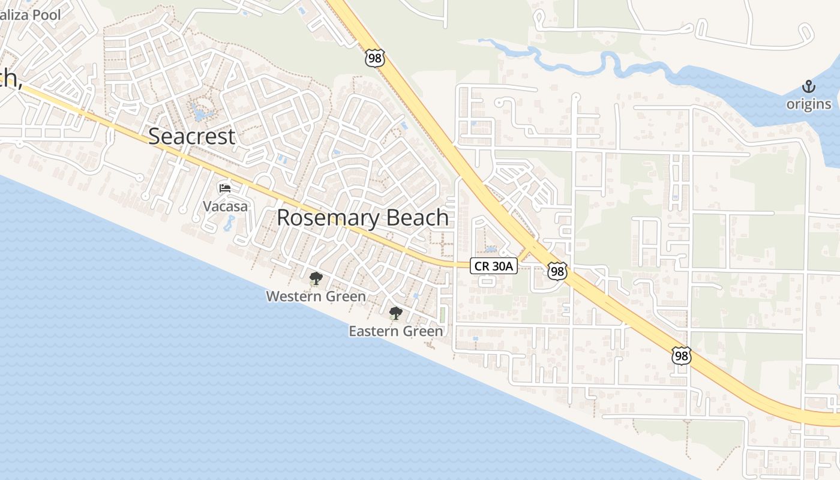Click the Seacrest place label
[x=191, y=136]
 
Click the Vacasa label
[x=225, y=206]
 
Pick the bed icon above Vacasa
[x=225, y=188]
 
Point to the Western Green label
[x=316, y=296]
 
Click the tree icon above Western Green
[x=316, y=278]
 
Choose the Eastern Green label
[x=395, y=331]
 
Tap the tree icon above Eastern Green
[x=395, y=313]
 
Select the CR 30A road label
[x=493, y=266]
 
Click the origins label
[x=809, y=104]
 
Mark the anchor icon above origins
[x=809, y=88]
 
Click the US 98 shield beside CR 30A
[x=557, y=271]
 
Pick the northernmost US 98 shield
[x=374, y=58]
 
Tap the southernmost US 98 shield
[x=681, y=356]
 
